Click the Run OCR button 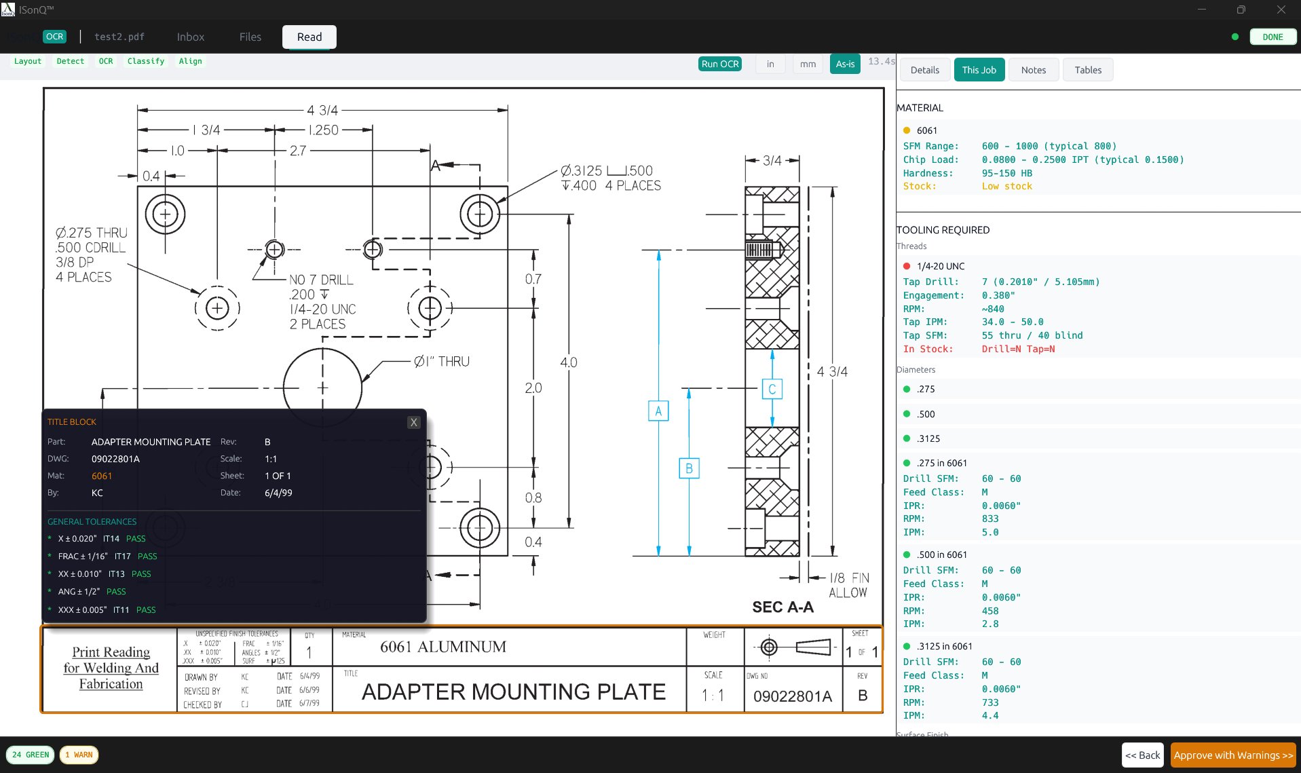tap(719, 64)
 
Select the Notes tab tap(1033, 70)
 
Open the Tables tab tap(1087, 70)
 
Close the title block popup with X tap(413, 422)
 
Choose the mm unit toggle tap(807, 64)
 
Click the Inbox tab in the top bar tap(190, 37)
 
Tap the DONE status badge tap(1272, 37)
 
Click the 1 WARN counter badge tap(79, 755)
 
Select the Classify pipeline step tap(145, 61)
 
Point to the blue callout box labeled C tap(772, 389)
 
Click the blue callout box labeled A tap(658, 411)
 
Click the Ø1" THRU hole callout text tap(442, 362)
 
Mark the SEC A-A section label tap(782, 607)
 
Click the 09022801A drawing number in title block tap(792, 696)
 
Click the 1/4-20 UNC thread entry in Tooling tap(940, 266)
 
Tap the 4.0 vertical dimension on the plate tap(568, 362)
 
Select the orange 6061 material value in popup tap(102, 476)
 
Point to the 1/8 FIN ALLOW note tap(848, 584)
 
